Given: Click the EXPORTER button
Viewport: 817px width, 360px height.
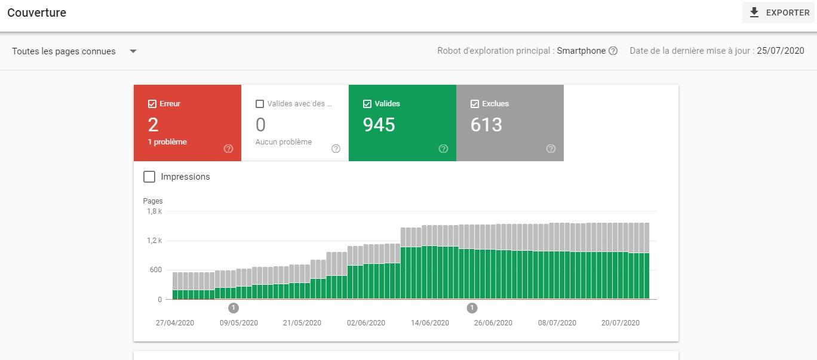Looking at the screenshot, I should click(x=779, y=13).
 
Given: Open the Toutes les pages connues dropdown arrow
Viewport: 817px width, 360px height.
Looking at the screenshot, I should click(x=133, y=51).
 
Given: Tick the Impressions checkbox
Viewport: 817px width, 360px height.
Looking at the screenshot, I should click(x=149, y=177).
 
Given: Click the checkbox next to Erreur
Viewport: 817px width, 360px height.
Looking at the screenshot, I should click(x=152, y=104).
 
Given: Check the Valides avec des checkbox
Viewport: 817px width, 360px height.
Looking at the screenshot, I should click(x=260, y=104).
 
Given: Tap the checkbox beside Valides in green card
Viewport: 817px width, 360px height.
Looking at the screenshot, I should click(x=367, y=104).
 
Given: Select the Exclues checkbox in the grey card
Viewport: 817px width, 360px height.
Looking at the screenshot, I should click(x=475, y=104).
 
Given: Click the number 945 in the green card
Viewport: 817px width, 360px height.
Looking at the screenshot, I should click(x=379, y=125).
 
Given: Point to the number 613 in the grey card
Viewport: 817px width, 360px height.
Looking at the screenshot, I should click(x=486, y=125).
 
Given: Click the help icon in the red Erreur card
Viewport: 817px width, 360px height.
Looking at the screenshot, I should click(x=228, y=149).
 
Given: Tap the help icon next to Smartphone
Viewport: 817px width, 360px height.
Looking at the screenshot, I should click(x=613, y=51).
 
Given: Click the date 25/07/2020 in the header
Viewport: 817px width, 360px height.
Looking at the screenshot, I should click(x=780, y=51).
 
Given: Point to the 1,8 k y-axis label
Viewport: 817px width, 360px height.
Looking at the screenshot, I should click(x=154, y=211).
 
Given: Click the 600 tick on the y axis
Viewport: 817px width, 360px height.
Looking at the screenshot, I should click(x=155, y=270).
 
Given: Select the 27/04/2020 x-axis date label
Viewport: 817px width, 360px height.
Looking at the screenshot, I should click(x=175, y=323).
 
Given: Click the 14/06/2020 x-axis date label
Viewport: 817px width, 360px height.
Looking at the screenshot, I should click(x=429, y=323).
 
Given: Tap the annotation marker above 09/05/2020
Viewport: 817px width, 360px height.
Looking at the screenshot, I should click(x=234, y=308).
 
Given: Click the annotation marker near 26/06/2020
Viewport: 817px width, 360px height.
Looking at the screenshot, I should click(x=472, y=308).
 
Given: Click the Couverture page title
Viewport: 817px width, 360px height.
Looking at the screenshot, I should click(x=37, y=13).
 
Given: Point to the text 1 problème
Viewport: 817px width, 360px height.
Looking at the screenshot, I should click(x=167, y=142).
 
